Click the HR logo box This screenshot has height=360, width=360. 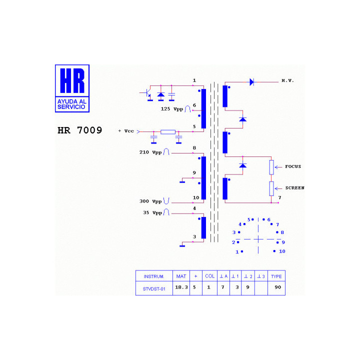pos(72,88)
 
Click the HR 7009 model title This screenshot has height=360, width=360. pos(79,130)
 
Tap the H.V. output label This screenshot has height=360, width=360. pos(287,80)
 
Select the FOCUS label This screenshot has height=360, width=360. pos(293,166)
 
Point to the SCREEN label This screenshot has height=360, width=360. pos(295,188)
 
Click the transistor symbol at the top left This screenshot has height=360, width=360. pos(146,93)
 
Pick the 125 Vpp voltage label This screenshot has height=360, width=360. pos(171,109)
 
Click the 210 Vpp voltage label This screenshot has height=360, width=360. pos(150,152)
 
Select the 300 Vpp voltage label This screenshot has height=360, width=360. pos(150,201)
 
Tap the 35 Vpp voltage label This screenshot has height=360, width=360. pos(152,213)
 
